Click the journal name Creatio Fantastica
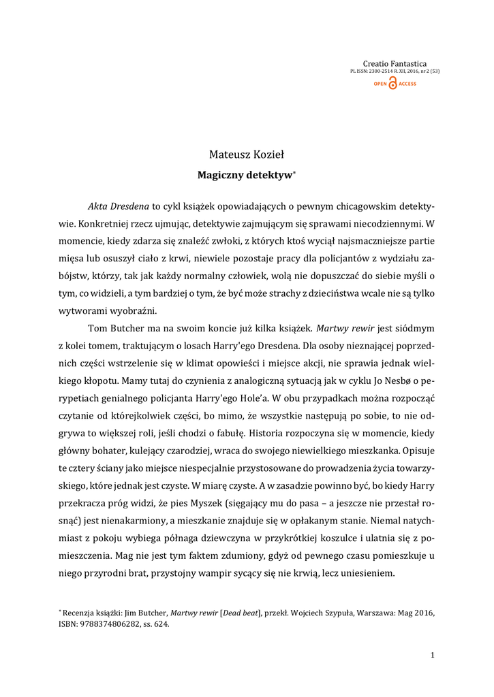[395, 63]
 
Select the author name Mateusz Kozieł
[247, 155]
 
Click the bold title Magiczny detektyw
[245, 175]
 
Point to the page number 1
[432, 655]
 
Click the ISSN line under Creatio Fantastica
[395, 71]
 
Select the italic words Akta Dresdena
[119, 205]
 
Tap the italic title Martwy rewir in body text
[345, 328]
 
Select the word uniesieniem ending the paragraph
[367, 574]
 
